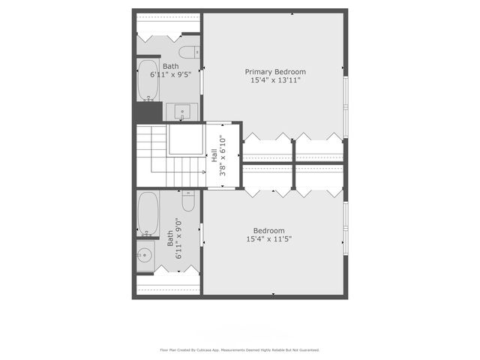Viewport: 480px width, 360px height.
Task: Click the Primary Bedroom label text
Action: click(275, 72)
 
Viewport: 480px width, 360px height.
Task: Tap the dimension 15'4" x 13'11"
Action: click(275, 80)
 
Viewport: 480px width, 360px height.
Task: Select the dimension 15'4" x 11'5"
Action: click(268, 239)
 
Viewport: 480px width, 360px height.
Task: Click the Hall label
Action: click(214, 156)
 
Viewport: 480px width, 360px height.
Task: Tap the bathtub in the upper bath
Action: click(147, 80)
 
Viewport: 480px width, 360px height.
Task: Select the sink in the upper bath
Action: click(181, 113)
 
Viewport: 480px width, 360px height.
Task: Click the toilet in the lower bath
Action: click(188, 202)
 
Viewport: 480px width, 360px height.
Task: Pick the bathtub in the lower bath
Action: click(148, 214)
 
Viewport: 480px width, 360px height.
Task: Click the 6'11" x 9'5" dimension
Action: click(171, 75)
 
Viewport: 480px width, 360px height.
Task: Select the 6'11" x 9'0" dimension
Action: click(178, 238)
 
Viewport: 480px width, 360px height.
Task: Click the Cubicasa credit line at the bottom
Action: click(240, 349)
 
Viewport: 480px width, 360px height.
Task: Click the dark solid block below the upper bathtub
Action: click(148, 113)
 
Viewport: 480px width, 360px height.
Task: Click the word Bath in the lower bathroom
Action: click(170, 238)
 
